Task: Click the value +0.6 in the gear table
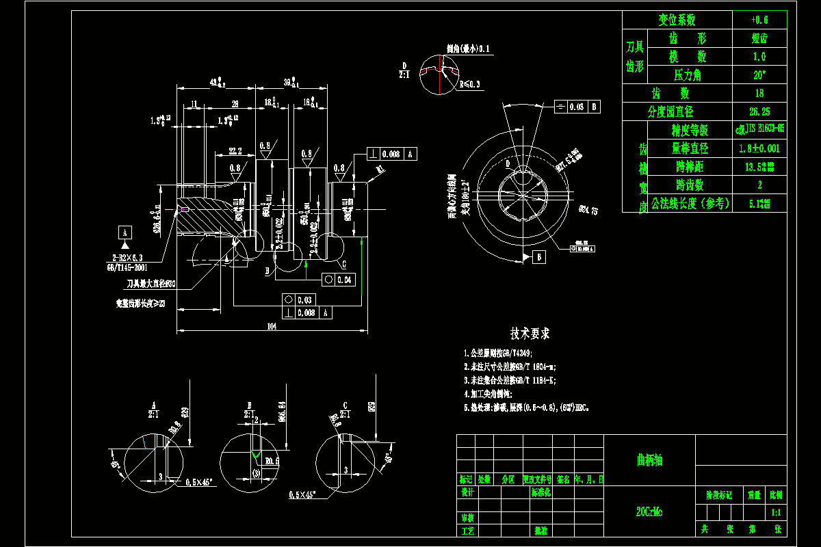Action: [759, 20]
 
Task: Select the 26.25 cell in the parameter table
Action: [759, 111]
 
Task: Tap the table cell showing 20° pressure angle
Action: [759, 75]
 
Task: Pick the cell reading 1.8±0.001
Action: [759, 148]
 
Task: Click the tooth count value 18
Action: [759, 93]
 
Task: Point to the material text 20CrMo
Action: [649, 511]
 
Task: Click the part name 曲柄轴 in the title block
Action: [649, 460]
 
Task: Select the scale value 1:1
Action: [776, 511]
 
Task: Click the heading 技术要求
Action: [530, 334]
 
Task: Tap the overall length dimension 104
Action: [272, 327]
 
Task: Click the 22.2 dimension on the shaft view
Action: [235, 150]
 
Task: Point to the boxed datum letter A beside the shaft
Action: [125, 231]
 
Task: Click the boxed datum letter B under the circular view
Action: [539, 257]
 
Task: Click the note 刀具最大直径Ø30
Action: [151, 283]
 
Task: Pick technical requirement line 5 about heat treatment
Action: [525, 407]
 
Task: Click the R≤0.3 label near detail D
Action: [469, 84]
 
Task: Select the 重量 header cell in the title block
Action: [754, 494]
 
